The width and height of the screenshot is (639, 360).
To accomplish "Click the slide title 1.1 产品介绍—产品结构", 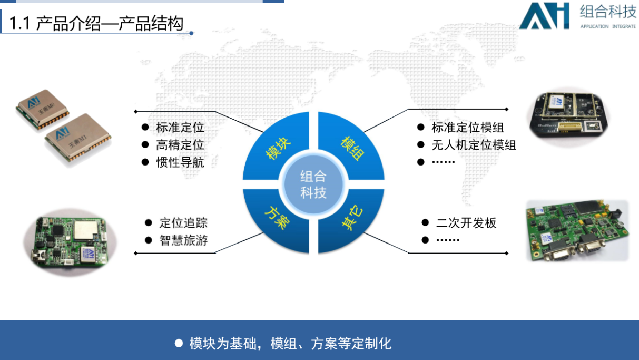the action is (x=96, y=23).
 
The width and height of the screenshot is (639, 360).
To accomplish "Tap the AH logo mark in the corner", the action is (x=545, y=16).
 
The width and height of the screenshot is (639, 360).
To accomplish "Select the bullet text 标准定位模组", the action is (x=468, y=128).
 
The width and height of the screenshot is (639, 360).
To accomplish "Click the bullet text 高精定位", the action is (x=180, y=145).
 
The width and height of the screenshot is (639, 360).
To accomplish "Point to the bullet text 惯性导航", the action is (x=180, y=162).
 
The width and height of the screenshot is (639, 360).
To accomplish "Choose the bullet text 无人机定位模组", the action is (x=474, y=145).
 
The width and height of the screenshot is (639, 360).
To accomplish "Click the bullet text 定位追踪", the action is (x=183, y=223).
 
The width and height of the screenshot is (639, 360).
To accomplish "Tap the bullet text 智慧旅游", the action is (x=183, y=240).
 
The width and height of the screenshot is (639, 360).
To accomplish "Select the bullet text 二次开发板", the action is (x=466, y=223).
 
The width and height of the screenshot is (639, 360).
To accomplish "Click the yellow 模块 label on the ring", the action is (x=278, y=148).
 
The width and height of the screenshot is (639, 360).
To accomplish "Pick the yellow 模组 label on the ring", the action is (x=353, y=148).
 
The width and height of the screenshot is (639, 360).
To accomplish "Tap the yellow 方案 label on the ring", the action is (x=277, y=218).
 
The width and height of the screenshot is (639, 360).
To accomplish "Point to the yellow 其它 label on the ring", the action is (x=352, y=218).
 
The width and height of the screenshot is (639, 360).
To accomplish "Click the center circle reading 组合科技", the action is (x=313, y=184).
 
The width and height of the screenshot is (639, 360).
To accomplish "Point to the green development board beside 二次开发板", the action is (x=577, y=230).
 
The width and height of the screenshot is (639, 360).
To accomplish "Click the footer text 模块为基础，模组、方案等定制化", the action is (x=290, y=344).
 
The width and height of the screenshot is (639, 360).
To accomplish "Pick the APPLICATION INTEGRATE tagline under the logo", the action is (x=608, y=26).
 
